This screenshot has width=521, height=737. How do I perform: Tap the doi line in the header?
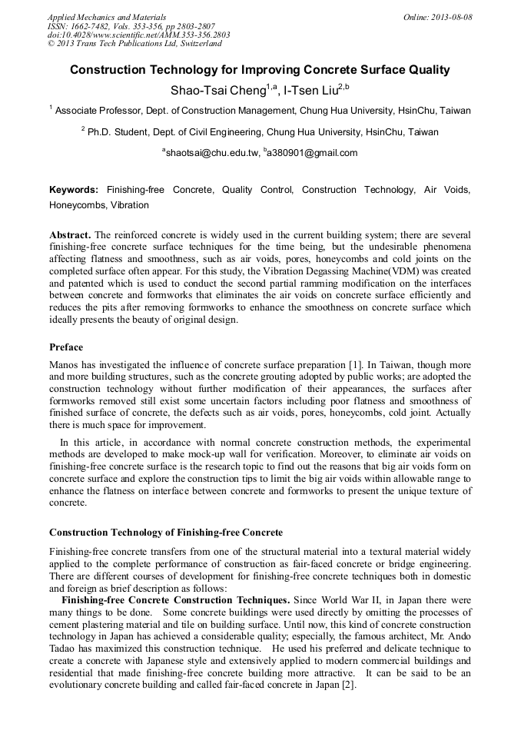(x=138, y=35)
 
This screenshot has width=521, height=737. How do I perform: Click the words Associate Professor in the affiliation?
(x=96, y=111)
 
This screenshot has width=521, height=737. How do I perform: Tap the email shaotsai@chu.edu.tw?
(x=211, y=153)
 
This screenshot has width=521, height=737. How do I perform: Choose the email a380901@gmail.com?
(x=313, y=153)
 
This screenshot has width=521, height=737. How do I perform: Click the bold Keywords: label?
(x=74, y=190)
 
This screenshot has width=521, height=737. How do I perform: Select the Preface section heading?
(x=67, y=347)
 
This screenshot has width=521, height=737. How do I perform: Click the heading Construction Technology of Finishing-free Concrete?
(x=166, y=532)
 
